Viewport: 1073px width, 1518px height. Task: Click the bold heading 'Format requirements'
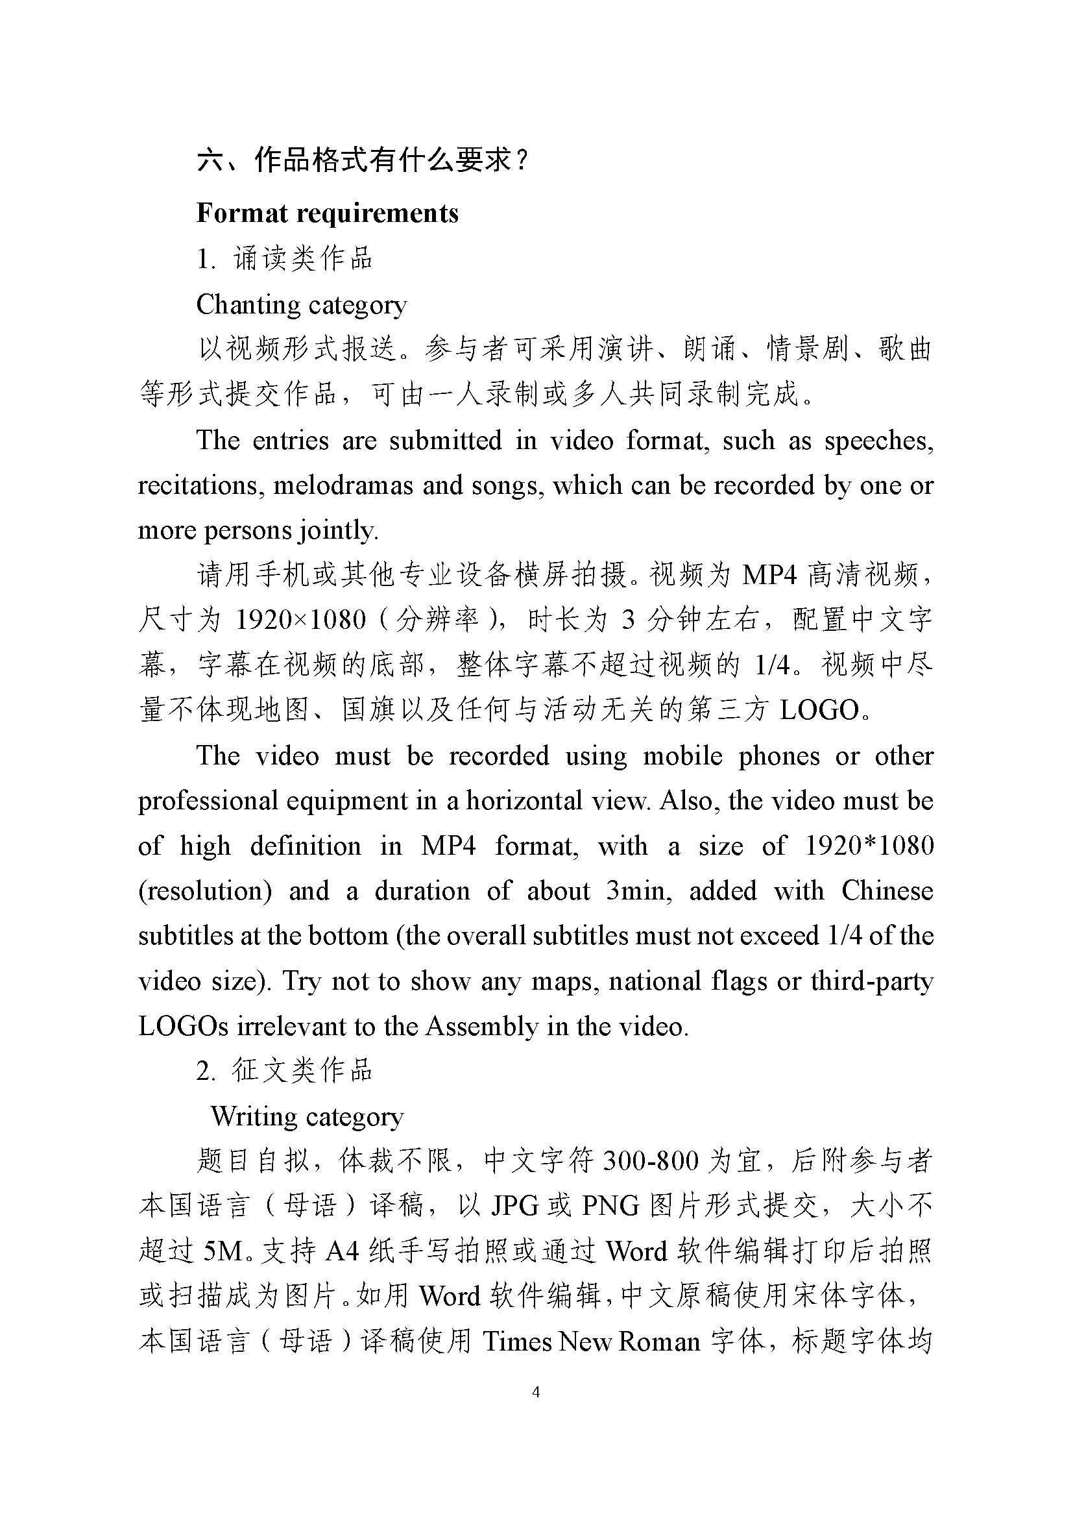coord(327,214)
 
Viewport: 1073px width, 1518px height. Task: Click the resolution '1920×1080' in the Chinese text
coord(300,620)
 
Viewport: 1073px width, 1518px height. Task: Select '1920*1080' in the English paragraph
coord(869,846)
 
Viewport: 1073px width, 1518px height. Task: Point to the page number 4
coord(536,1392)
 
